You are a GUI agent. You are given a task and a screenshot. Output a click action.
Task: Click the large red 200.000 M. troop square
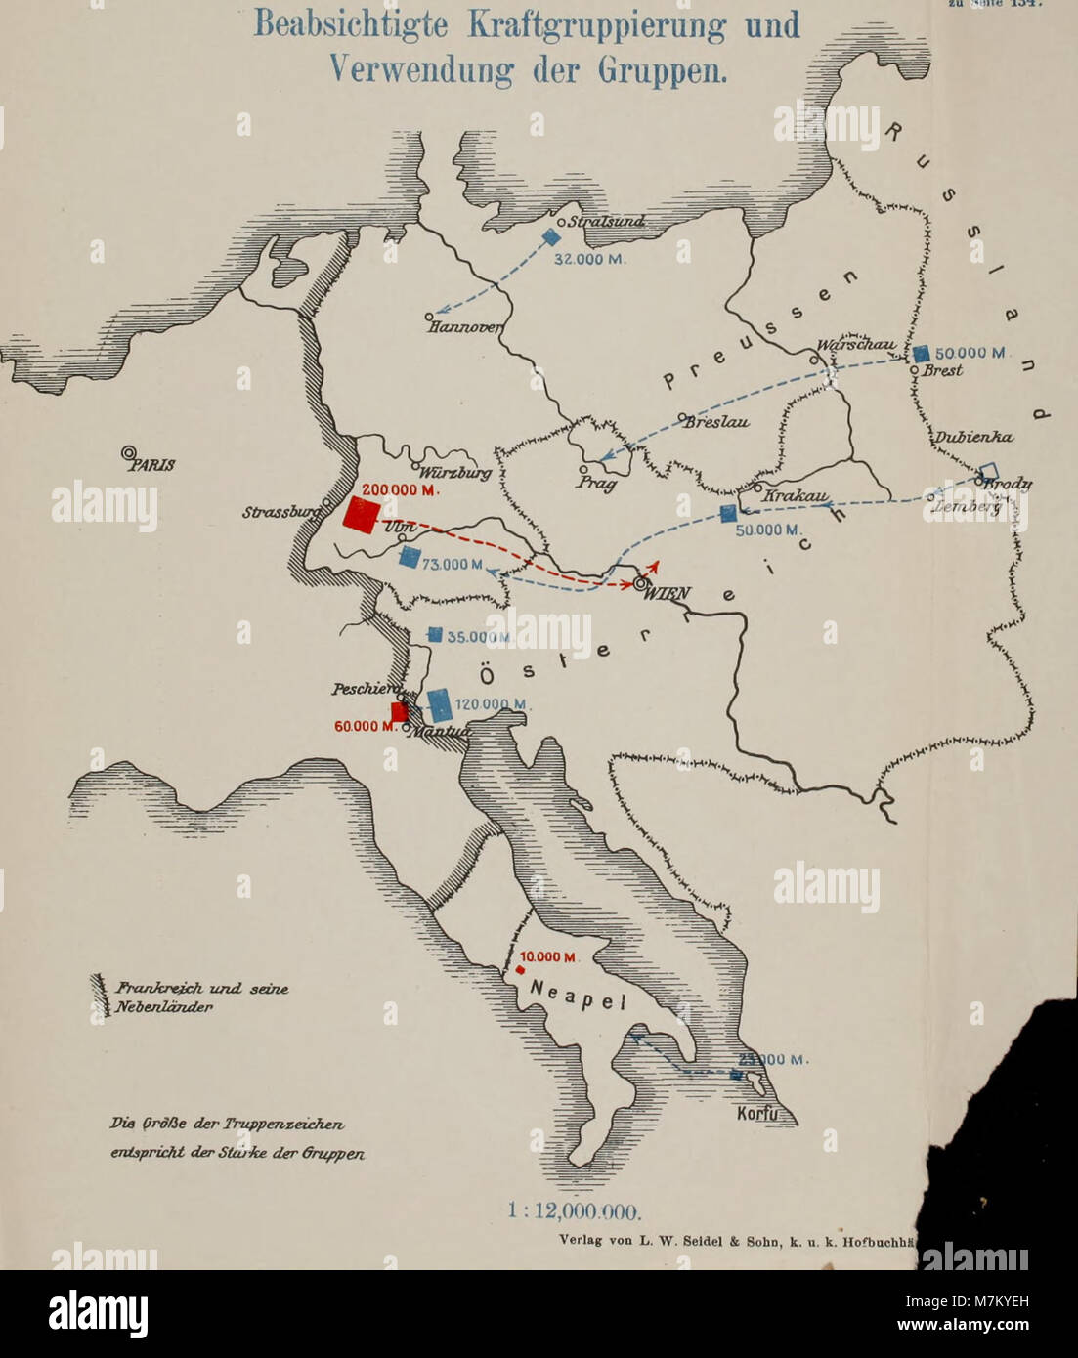click(361, 515)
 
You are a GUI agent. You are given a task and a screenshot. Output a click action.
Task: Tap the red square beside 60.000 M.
click(399, 711)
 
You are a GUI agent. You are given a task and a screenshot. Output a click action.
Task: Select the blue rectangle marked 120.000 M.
click(440, 704)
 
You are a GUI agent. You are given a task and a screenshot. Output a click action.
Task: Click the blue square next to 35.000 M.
click(435, 634)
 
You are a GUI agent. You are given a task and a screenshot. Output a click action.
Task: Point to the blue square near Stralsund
click(551, 236)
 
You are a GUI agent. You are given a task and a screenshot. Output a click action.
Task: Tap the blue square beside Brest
click(921, 353)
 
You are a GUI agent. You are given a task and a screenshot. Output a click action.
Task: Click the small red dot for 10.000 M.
click(521, 970)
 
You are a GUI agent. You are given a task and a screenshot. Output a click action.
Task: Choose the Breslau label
click(716, 423)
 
